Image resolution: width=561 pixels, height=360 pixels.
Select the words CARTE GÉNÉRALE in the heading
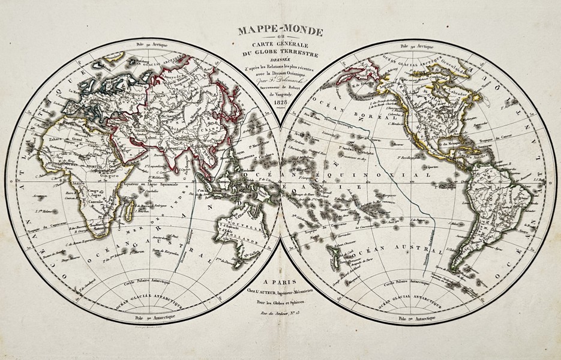coord(280,48)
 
